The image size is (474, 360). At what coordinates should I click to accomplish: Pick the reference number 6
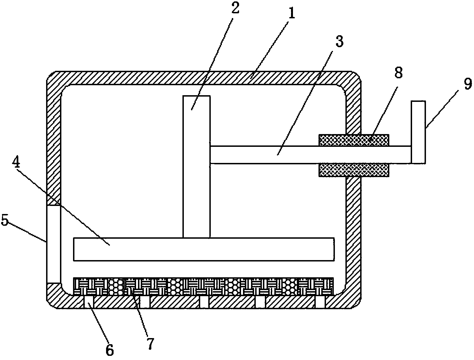[x=110, y=350]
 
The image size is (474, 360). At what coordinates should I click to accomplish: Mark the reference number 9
[x=468, y=84]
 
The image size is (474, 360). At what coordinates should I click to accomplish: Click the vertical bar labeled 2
[x=196, y=167]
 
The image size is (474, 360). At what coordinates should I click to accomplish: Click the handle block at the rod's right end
[x=418, y=132]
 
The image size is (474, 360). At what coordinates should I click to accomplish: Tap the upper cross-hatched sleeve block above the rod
[x=353, y=140]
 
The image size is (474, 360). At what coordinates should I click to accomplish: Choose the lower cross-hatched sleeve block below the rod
[x=353, y=170]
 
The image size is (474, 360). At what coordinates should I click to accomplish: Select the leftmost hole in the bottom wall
[x=89, y=301]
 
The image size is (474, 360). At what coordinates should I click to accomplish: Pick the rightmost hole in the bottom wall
[x=320, y=301]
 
